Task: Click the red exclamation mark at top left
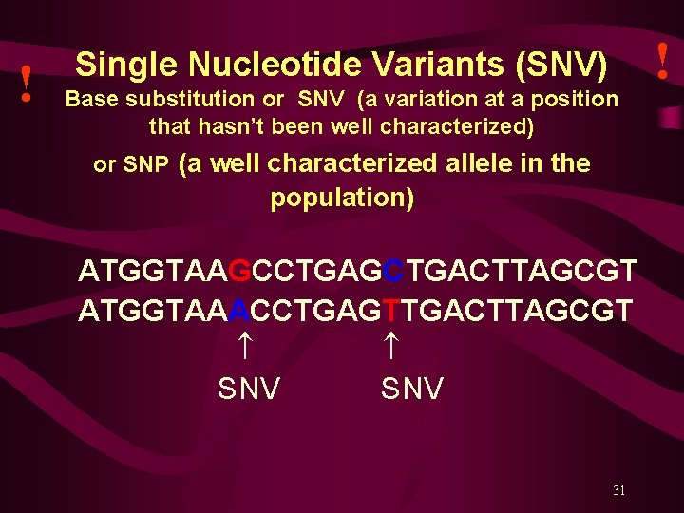click(x=28, y=85)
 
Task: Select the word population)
click(x=342, y=199)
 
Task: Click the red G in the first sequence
click(x=240, y=272)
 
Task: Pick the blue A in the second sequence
click(x=240, y=310)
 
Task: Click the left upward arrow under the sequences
click(x=243, y=347)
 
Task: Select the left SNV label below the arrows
click(x=249, y=389)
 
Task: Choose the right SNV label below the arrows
click(x=412, y=389)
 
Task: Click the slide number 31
click(x=618, y=491)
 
